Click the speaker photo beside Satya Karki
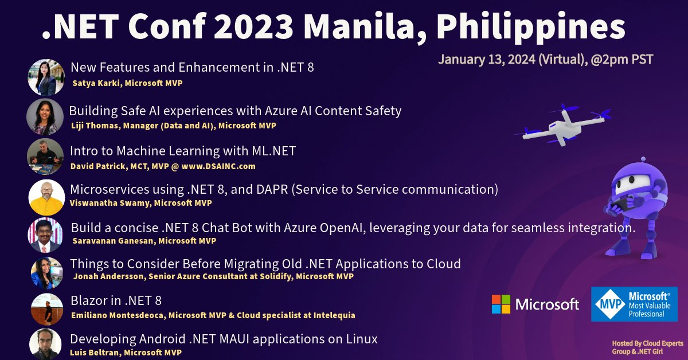(x=46, y=77)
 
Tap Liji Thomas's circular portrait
(x=45, y=117)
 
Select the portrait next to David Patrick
(x=45, y=156)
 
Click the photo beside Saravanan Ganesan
(x=45, y=236)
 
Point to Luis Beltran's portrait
(x=45, y=345)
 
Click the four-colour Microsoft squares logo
(x=501, y=304)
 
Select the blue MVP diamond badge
(x=609, y=304)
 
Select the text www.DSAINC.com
(x=218, y=166)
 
